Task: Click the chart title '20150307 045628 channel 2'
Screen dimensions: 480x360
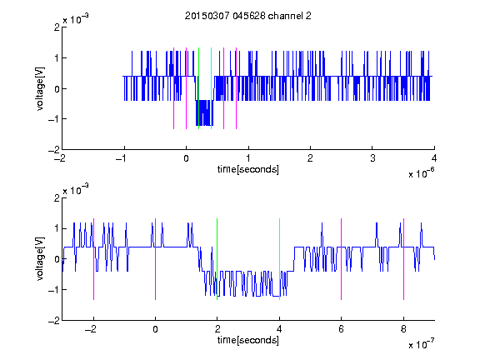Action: pos(248,16)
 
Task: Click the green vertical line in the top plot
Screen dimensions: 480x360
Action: pos(198,88)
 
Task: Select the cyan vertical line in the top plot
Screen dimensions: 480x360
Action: pos(211,88)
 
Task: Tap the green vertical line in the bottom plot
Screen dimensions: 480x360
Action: pos(217,259)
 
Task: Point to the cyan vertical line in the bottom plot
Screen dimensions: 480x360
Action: pos(279,259)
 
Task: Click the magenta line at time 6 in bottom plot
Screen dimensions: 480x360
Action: pos(342,259)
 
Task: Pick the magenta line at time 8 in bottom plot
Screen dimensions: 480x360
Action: pos(404,259)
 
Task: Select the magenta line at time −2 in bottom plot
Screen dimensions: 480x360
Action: pos(93,259)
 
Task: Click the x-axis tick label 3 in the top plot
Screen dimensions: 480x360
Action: pos(372,158)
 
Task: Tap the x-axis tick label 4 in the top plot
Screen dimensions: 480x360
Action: pos(434,158)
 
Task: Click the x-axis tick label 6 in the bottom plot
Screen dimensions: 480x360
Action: pos(342,329)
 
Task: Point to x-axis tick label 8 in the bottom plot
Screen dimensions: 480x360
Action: pos(404,329)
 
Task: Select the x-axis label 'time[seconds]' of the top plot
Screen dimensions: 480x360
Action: pos(248,169)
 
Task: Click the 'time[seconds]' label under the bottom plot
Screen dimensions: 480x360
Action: pos(248,340)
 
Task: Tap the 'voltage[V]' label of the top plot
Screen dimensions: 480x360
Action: pos(40,88)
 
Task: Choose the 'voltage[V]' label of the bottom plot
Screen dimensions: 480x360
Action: pos(40,259)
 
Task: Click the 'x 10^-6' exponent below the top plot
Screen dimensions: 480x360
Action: pos(421,173)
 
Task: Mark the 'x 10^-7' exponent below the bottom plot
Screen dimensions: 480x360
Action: pos(421,344)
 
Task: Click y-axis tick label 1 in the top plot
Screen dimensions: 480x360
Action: pos(57,58)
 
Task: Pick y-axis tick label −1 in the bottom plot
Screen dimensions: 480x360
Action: pos(54,290)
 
